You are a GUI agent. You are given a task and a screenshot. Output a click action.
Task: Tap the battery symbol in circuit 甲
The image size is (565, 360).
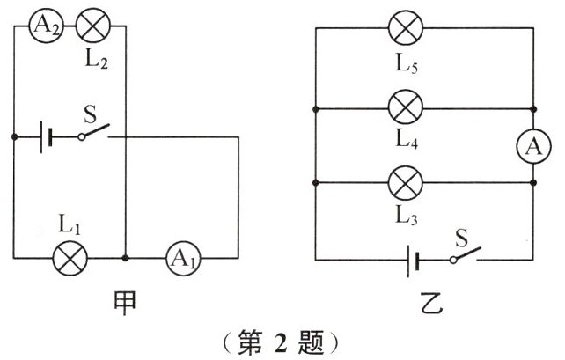click(x=46, y=137)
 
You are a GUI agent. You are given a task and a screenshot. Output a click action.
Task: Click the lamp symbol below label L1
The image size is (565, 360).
click(x=68, y=258)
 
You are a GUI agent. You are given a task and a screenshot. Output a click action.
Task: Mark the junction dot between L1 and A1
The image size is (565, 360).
click(x=126, y=258)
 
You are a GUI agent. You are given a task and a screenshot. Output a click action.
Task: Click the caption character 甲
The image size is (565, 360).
click(x=126, y=303)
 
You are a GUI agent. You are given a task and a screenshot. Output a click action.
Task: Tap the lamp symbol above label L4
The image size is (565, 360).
click(x=405, y=109)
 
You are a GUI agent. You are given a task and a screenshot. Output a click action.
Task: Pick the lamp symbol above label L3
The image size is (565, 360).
click(x=405, y=184)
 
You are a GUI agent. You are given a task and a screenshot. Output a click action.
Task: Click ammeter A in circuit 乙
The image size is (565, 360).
click(x=532, y=147)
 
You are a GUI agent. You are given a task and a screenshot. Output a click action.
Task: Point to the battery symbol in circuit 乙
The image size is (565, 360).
click(x=412, y=259)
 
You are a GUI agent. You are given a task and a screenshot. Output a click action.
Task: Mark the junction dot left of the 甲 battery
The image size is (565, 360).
click(x=15, y=137)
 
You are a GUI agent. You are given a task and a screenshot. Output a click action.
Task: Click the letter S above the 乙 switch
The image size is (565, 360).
click(x=461, y=236)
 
